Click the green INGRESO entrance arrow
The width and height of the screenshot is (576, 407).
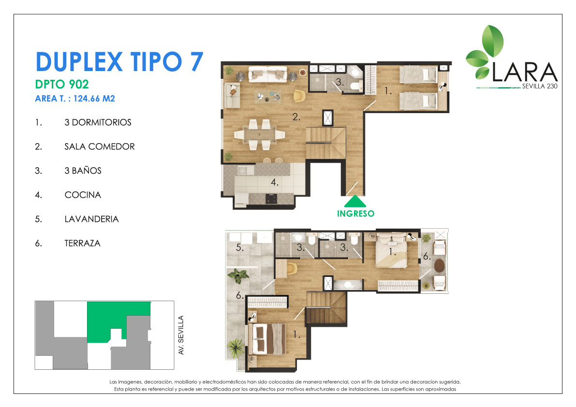[x=355, y=202]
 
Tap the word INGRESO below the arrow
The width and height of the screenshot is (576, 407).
[x=355, y=214]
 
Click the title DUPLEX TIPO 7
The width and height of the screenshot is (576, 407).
[x=119, y=62]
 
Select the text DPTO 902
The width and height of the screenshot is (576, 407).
[x=62, y=85]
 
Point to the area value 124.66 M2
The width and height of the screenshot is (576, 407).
[x=94, y=98]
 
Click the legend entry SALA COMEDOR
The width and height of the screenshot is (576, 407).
[x=100, y=146]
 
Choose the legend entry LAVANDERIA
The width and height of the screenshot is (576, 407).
[x=91, y=219]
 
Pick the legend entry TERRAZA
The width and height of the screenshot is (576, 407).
[x=82, y=243]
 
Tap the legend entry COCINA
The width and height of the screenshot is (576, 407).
[x=83, y=195]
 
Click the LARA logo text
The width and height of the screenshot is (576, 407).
[x=525, y=72]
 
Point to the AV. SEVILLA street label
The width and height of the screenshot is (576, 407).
[x=181, y=335]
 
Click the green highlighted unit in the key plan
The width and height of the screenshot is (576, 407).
[x=110, y=320]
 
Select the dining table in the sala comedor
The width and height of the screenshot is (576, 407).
[x=259, y=135]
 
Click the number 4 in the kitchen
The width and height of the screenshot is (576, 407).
[x=274, y=182]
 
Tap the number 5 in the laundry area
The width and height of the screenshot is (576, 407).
[x=239, y=247]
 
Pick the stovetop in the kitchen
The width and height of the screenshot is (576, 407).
[x=271, y=199]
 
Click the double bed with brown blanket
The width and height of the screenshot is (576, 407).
[x=267, y=339]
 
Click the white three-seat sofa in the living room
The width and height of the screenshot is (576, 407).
[x=267, y=74]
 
